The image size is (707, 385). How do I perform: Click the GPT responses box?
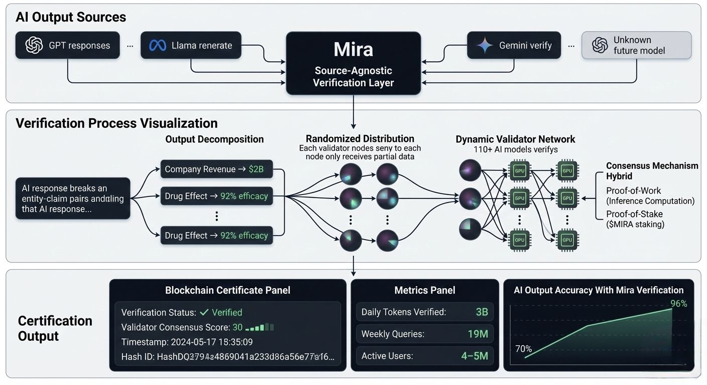[x=67, y=46]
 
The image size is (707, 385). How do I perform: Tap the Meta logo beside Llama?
[x=158, y=46]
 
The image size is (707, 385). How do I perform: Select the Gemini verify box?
[x=514, y=46]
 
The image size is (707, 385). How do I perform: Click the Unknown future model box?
[x=636, y=46]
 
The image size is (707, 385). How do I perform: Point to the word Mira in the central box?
[x=353, y=50]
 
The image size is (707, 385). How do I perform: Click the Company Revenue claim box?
[x=216, y=169]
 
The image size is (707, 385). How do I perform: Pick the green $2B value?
[x=256, y=169]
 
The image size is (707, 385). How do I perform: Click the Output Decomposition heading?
[x=214, y=139]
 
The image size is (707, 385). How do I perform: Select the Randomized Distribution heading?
[x=360, y=139]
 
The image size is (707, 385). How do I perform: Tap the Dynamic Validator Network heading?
[x=515, y=139]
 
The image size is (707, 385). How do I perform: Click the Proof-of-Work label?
[x=633, y=190]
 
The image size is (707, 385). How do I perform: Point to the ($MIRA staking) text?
[x=635, y=224]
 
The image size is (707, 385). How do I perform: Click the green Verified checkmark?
[x=204, y=312]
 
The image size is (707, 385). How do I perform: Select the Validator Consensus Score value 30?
[x=238, y=327]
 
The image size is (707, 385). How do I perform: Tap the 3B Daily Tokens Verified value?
[x=482, y=312]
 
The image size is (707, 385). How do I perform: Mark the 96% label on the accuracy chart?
[x=678, y=303]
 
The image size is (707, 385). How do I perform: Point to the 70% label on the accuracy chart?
[x=523, y=349]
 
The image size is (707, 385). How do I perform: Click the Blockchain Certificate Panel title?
[x=227, y=290]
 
